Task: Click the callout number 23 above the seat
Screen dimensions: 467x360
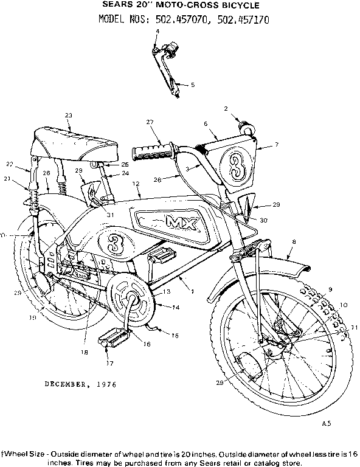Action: [x=68, y=116]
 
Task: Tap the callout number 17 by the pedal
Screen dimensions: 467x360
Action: [x=110, y=364]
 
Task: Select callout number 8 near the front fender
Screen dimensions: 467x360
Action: [x=294, y=243]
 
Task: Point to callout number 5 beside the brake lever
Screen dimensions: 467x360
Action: [x=193, y=85]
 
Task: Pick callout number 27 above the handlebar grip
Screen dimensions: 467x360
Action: [x=150, y=122]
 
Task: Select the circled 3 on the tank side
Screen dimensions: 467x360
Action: [x=112, y=244]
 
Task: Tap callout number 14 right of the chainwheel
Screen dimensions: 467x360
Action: [x=176, y=308]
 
